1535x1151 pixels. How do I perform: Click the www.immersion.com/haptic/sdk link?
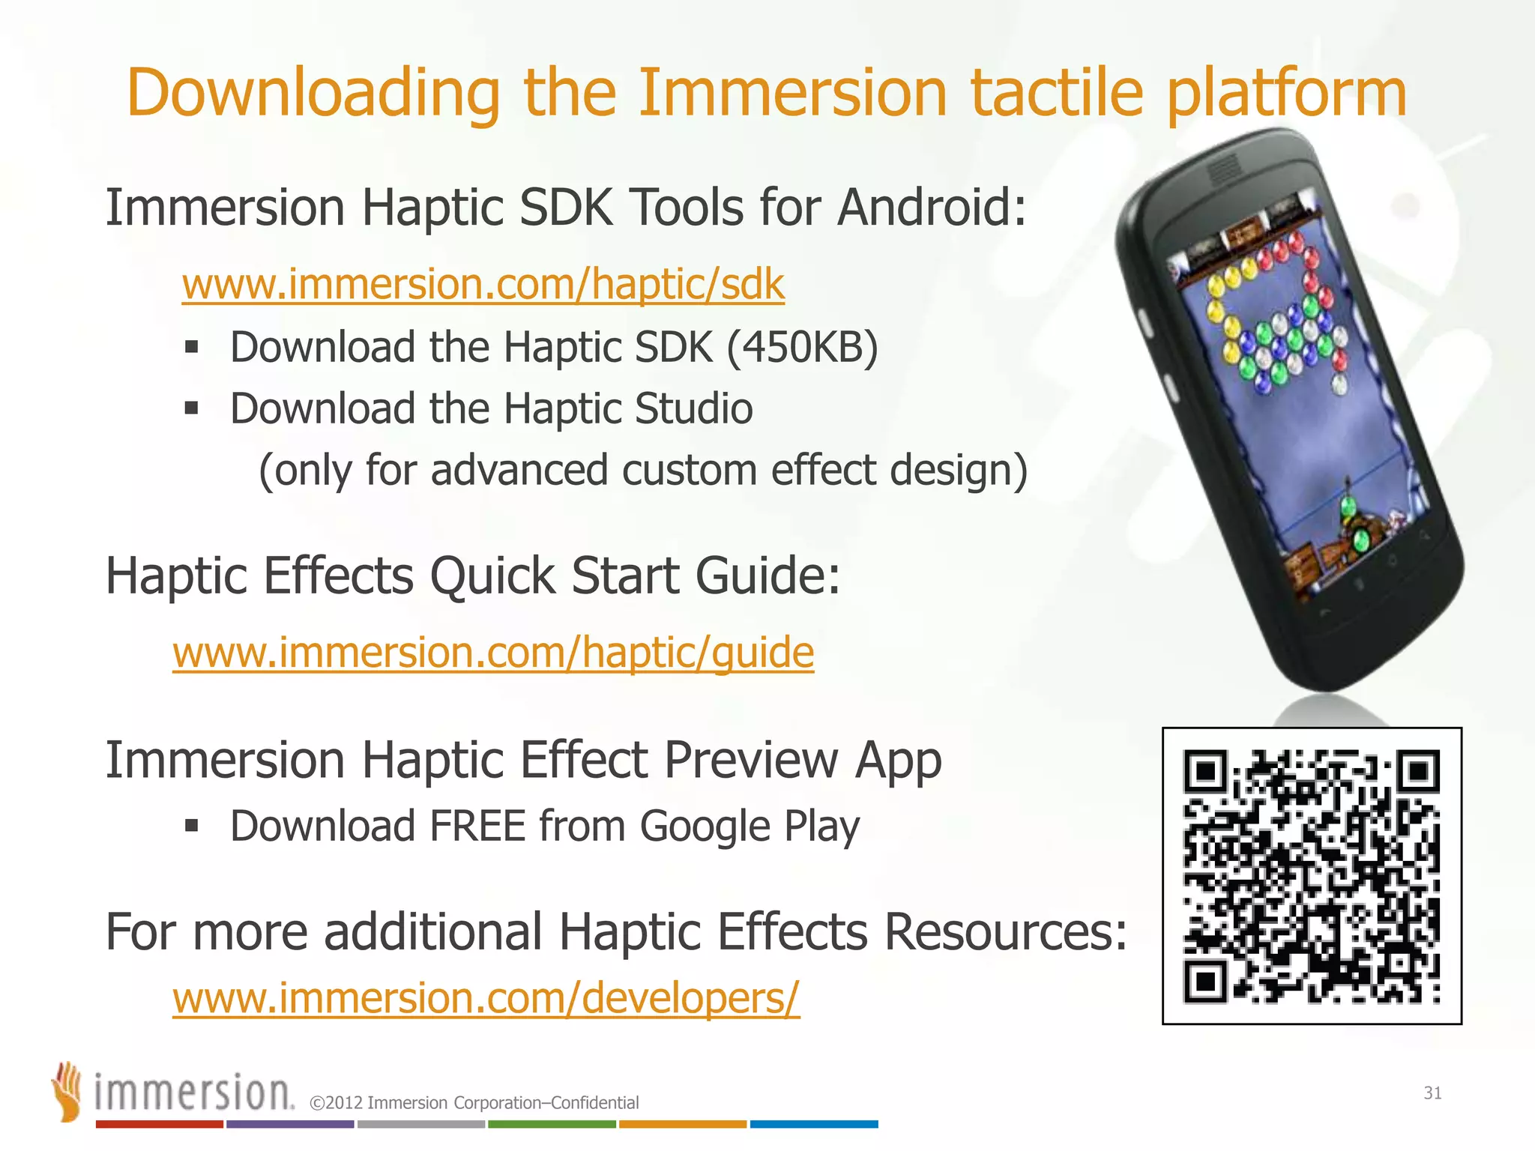(x=483, y=285)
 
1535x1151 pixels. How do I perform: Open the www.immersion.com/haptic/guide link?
(x=493, y=653)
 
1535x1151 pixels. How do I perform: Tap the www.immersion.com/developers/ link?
(x=486, y=999)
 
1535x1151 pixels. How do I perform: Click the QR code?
(x=1312, y=875)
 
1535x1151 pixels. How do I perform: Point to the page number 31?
(x=1432, y=1093)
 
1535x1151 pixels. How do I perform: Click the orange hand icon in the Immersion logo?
(x=67, y=1091)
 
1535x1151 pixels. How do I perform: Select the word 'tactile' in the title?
(x=1057, y=93)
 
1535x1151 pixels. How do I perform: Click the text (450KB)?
(x=802, y=348)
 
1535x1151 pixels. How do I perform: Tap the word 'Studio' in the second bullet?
(x=693, y=409)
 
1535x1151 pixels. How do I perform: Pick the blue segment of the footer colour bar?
(x=814, y=1124)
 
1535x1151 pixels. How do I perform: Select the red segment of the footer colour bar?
(x=159, y=1124)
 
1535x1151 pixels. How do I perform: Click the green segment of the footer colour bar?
(x=552, y=1124)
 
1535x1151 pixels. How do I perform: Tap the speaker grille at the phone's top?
(x=1223, y=170)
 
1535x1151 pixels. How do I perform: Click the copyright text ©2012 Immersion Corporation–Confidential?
(x=474, y=1103)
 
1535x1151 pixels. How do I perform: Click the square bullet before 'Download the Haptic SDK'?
(x=192, y=347)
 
